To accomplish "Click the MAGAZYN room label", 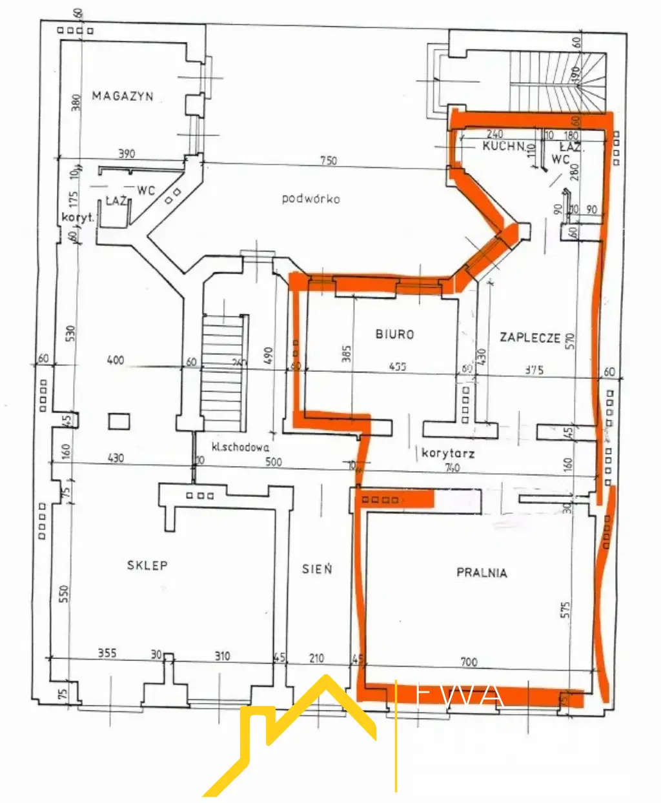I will [123, 96].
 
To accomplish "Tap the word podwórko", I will [310, 199].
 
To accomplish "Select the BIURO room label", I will [394, 334].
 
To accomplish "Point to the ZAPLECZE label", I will [529, 337].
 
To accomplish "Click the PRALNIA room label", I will [482, 573].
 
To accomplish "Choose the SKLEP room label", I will [147, 565].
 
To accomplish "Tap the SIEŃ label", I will [317, 569].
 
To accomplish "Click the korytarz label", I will [448, 453].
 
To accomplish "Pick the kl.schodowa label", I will [241, 447].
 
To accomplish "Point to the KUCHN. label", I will [504, 147].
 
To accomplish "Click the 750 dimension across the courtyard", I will [328, 161].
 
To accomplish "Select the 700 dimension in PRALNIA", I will [469, 662].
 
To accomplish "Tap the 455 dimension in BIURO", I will [398, 366].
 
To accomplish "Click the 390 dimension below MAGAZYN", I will [127, 154].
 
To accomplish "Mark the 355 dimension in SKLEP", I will [107, 653].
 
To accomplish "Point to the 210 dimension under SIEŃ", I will [316, 658].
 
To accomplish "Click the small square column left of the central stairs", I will [119, 422].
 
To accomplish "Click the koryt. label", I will [78, 218].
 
